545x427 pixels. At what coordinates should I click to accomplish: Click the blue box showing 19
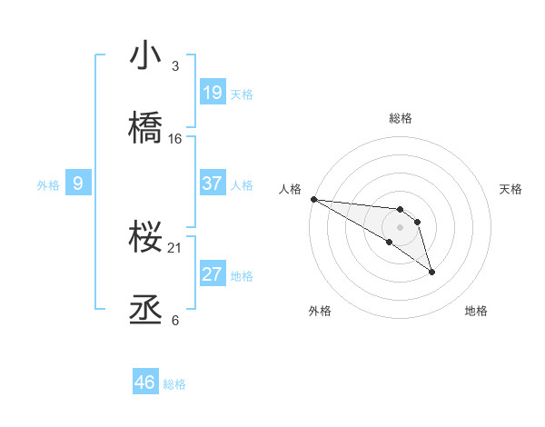[x=213, y=92]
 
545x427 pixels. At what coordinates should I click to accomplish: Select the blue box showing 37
[x=213, y=184]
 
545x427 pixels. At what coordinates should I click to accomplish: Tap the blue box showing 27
[x=213, y=274]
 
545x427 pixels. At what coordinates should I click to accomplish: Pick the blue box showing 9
[x=78, y=184]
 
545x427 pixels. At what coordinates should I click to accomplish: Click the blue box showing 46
[x=145, y=382]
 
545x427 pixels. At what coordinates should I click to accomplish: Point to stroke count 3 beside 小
[x=175, y=66]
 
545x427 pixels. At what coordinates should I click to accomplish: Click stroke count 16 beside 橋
[x=175, y=139]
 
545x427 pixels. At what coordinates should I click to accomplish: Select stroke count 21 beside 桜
[x=175, y=248]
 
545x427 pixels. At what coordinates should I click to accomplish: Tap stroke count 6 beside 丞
[x=175, y=321]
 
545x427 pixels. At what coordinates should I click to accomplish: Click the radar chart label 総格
[x=401, y=118]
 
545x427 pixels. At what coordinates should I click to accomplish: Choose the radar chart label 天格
[x=511, y=189]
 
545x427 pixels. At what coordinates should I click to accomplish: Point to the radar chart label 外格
[x=321, y=311]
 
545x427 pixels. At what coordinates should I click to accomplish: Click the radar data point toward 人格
[x=313, y=199]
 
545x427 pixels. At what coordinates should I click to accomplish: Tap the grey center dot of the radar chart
[x=401, y=226]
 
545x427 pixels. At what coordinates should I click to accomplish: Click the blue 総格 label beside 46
[x=174, y=384]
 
